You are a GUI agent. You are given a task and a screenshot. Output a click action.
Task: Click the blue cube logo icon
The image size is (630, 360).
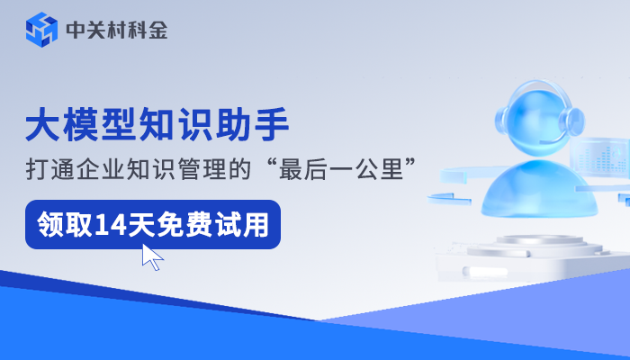click(41, 30)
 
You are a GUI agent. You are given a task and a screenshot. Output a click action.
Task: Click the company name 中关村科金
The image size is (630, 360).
click(116, 31)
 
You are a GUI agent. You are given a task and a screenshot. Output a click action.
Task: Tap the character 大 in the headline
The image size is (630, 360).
click(41, 125)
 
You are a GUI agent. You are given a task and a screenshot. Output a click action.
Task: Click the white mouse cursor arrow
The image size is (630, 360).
click(152, 257)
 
